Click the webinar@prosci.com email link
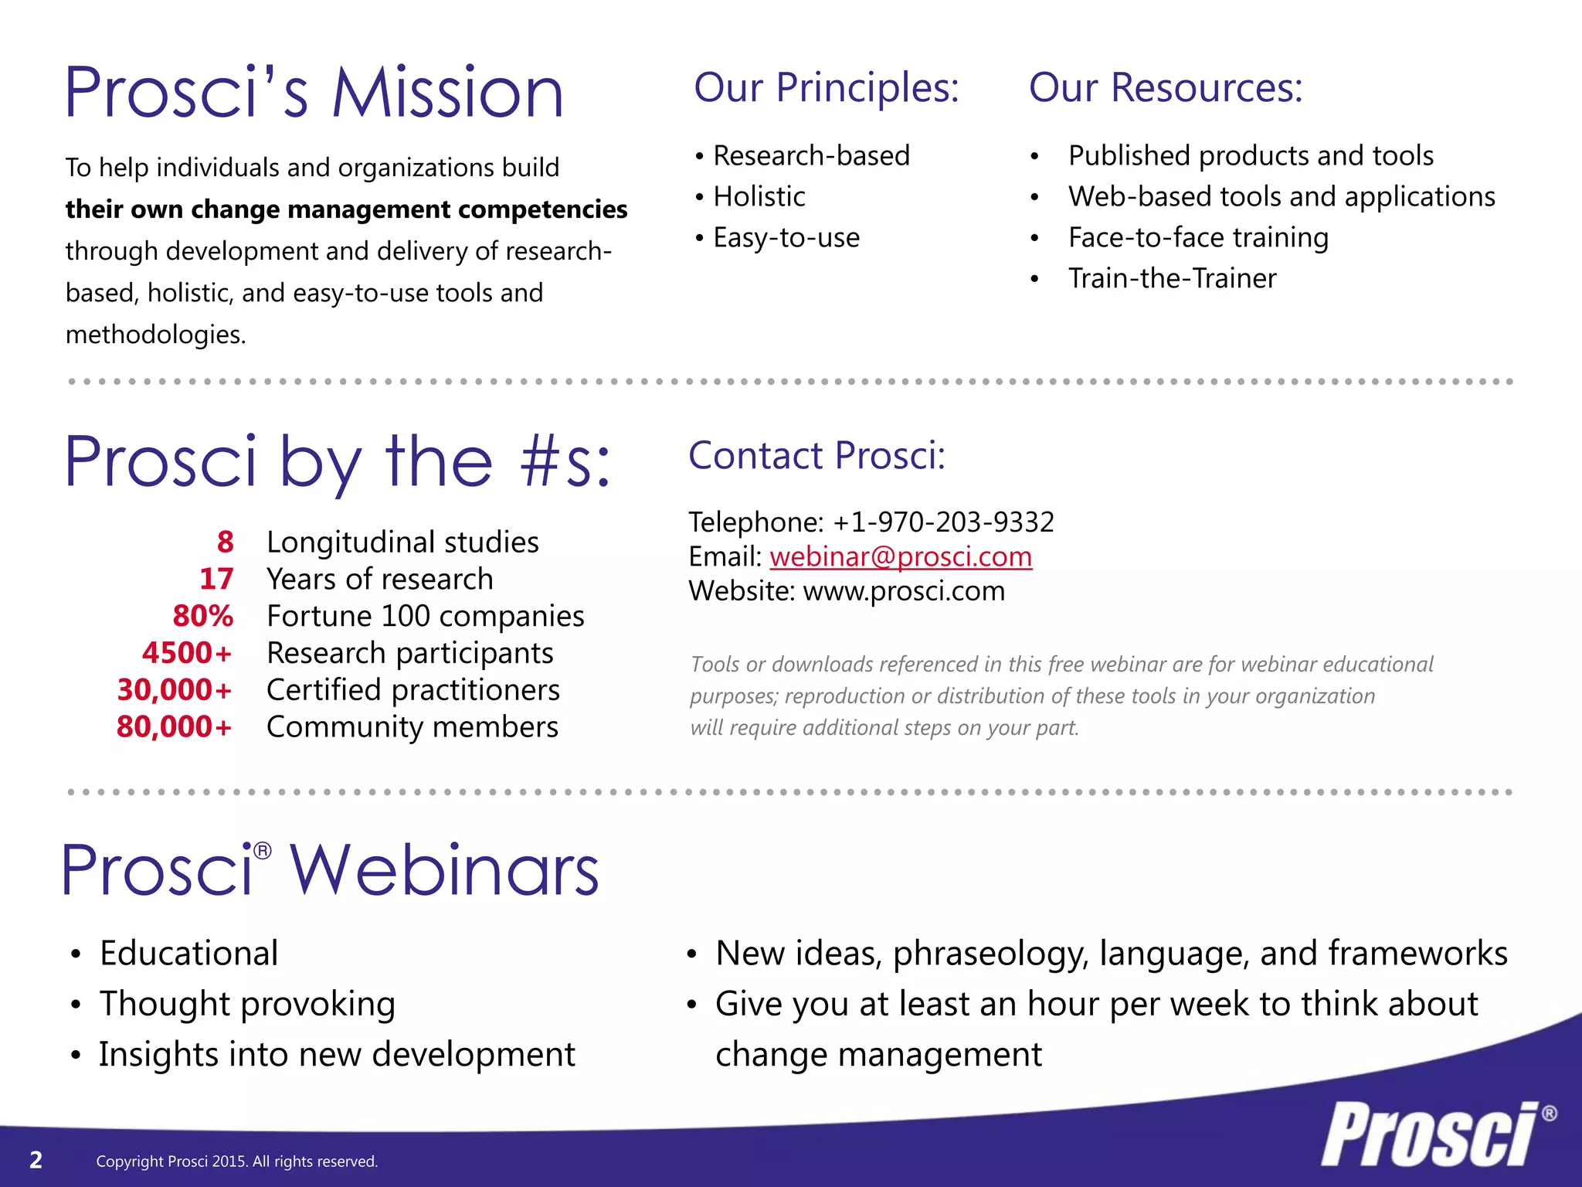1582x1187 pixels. coord(901,557)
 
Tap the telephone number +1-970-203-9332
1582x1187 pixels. coord(943,522)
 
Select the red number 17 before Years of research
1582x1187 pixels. coord(216,580)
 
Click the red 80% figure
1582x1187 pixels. coord(202,617)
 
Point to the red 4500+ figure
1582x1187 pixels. coord(187,654)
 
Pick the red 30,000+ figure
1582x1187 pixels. coord(175,690)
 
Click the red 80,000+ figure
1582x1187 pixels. coord(175,727)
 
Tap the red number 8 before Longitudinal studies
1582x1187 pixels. coord(225,542)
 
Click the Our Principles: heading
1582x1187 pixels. coord(826,88)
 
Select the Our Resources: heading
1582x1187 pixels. coord(1166,88)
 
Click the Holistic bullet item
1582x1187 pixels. coord(759,197)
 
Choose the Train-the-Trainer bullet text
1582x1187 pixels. coord(1172,279)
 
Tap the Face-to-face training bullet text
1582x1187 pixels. coord(1198,238)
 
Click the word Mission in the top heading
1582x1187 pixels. coord(448,94)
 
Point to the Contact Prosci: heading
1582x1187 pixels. coord(816,456)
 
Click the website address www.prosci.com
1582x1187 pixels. coord(904,592)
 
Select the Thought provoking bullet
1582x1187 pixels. coord(247,1004)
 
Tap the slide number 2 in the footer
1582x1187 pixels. coord(36,1160)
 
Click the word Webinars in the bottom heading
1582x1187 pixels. coord(444,871)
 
